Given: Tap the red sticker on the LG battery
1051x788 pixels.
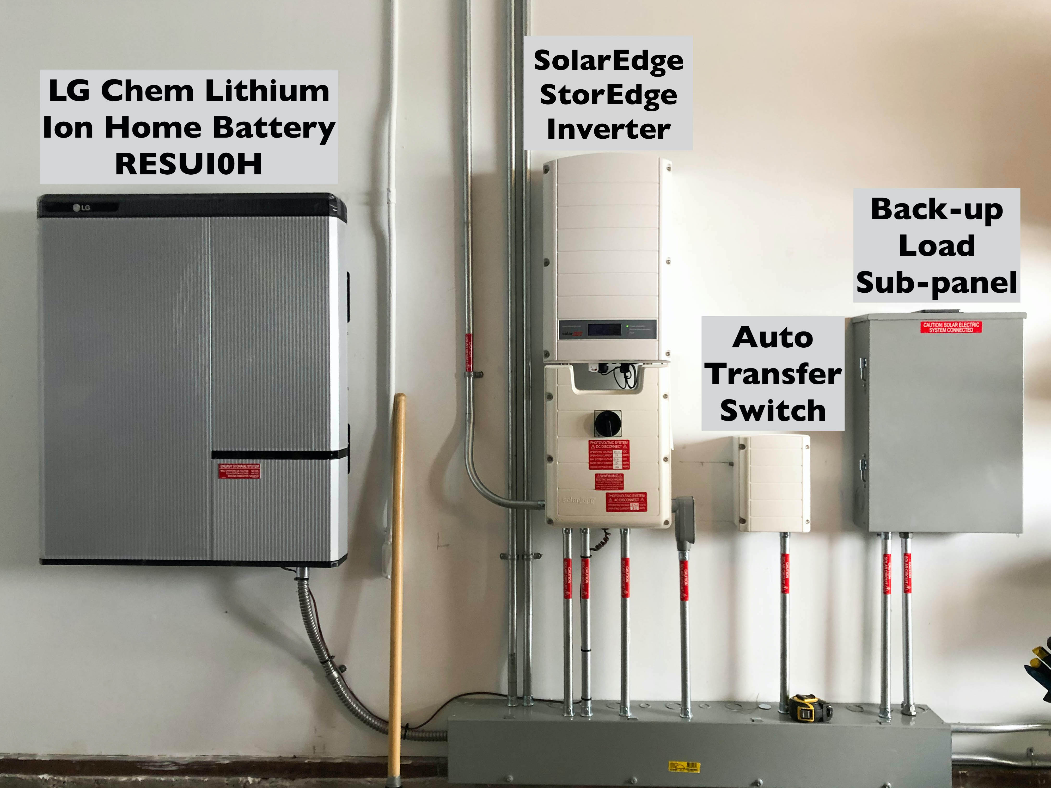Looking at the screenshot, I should [239, 471].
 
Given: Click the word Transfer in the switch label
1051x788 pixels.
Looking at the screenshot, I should [773, 374].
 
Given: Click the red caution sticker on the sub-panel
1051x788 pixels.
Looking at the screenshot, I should [951, 327].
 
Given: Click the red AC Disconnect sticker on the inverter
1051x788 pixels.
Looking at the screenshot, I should [626, 502].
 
